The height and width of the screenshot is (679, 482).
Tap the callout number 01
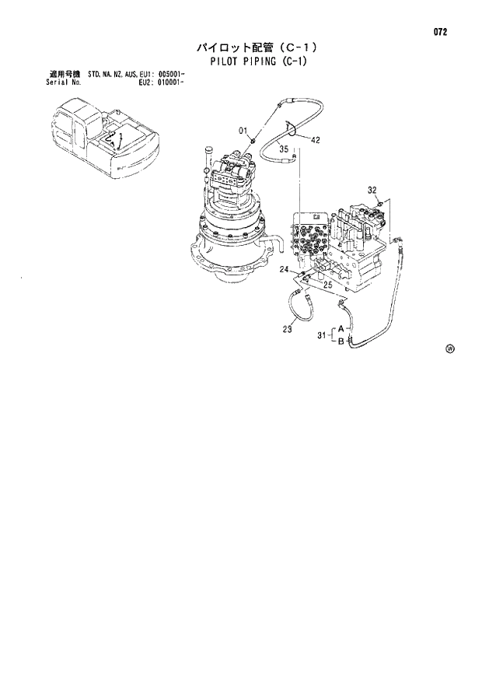(243, 130)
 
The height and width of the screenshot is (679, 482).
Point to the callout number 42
(316, 140)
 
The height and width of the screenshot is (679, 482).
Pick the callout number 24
(285, 270)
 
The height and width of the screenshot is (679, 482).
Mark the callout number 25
(327, 285)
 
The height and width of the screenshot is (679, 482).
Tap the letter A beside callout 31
(341, 329)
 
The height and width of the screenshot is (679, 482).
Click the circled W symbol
(449, 348)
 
